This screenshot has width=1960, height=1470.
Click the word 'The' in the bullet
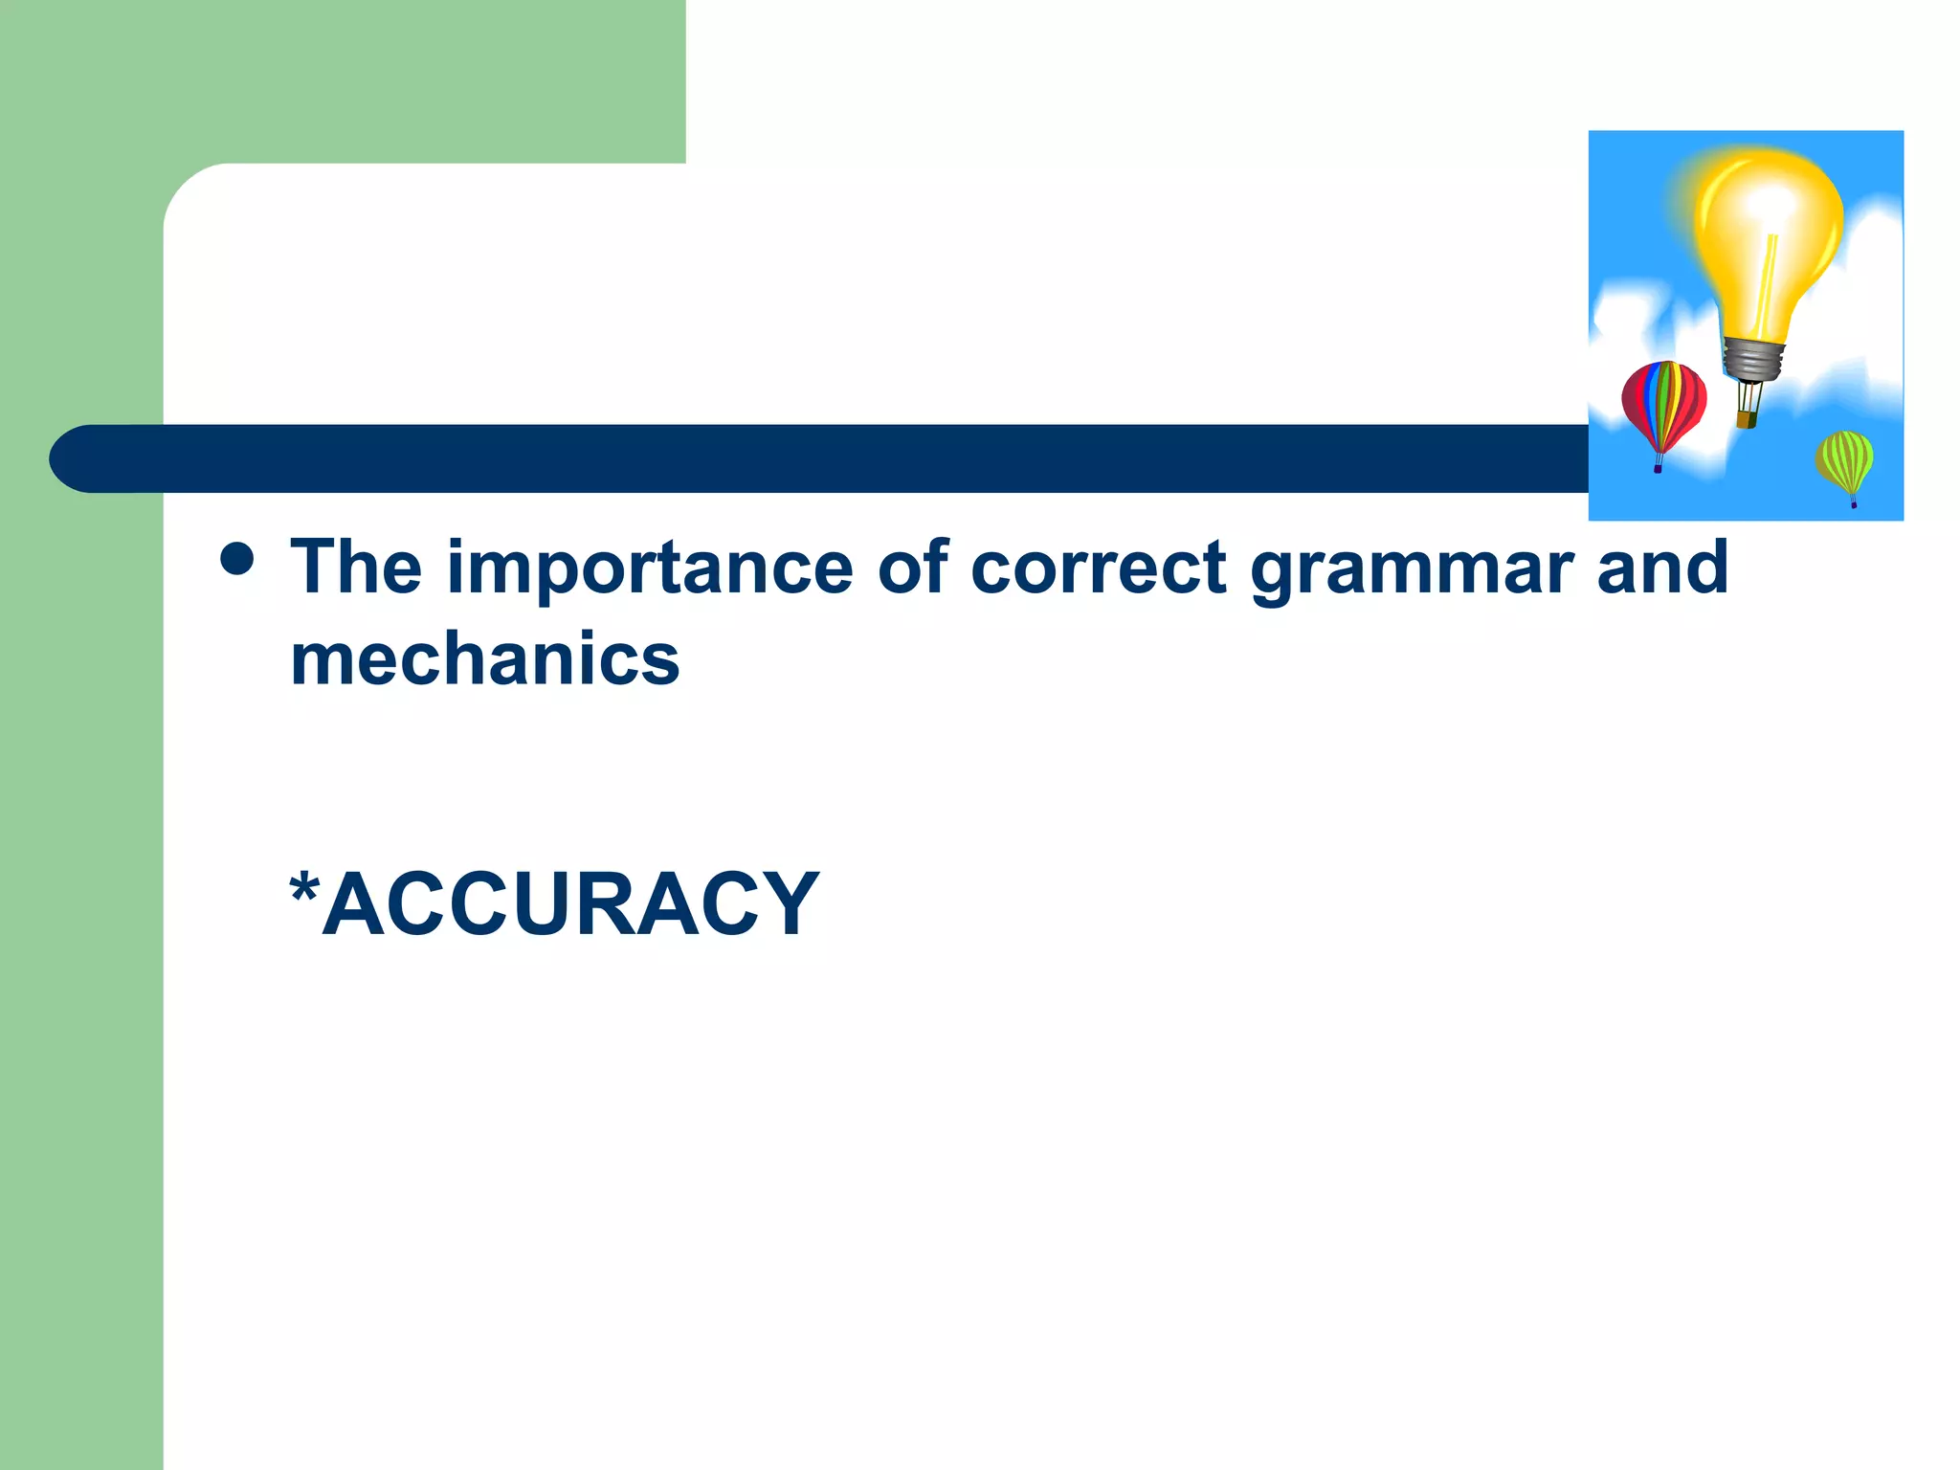[356, 568]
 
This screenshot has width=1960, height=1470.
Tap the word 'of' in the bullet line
[912, 568]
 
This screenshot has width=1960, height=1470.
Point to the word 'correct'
[1098, 568]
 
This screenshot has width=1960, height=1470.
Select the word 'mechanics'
[484, 660]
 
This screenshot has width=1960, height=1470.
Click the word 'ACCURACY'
[570, 904]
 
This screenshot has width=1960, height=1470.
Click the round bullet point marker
[237, 559]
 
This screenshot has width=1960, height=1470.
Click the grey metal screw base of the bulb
[1753, 359]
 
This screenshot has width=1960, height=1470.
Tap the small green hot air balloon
[1844, 460]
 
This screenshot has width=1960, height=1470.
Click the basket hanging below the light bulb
[1747, 418]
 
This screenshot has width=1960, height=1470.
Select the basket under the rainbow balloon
[1658, 468]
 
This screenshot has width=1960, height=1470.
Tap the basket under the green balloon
[1854, 503]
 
